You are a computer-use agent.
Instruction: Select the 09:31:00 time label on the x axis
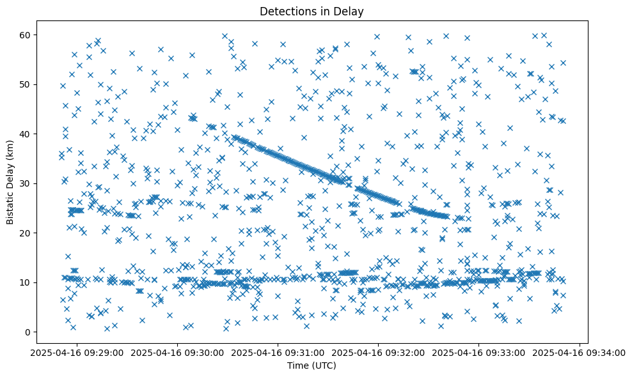tap(278, 353)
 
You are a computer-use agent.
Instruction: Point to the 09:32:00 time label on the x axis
tap(378, 353)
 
